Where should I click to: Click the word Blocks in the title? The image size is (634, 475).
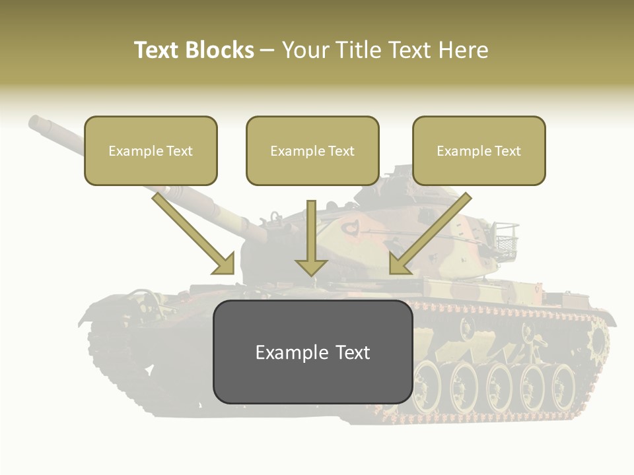point(221,50)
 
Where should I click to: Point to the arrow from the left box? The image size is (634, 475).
point(194,234)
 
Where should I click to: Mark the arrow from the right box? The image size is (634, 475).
point(429,234)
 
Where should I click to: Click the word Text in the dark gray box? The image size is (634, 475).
point(349,352)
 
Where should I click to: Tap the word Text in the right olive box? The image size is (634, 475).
point(507,151)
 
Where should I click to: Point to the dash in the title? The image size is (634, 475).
point(267,50)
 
